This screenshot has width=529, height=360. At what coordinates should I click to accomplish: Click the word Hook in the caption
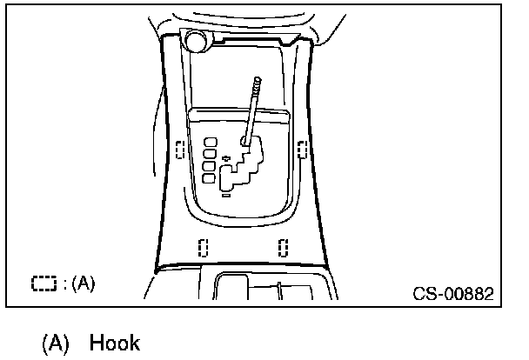pos(114,343)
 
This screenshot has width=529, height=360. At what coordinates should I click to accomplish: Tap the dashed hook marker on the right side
pos(302,150)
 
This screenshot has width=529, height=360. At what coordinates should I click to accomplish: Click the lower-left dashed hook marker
pos(203,247)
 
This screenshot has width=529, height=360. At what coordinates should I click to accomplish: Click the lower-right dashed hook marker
pos(284,247)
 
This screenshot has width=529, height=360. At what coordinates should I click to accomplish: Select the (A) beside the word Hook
pos(56,343)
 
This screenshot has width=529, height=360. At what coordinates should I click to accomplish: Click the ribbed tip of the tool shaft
pos(257,84)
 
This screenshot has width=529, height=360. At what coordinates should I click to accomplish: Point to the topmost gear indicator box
pos(209,141)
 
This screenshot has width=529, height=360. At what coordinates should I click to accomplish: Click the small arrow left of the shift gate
pos(224,158)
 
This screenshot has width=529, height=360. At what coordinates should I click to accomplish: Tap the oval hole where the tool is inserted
pos(246,140)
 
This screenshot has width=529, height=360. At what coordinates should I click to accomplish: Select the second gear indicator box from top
pos(209,153)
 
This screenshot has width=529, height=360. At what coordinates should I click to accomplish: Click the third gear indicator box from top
pos(209,165)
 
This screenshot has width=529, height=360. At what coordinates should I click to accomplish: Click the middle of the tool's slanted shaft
pos(252,111)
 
